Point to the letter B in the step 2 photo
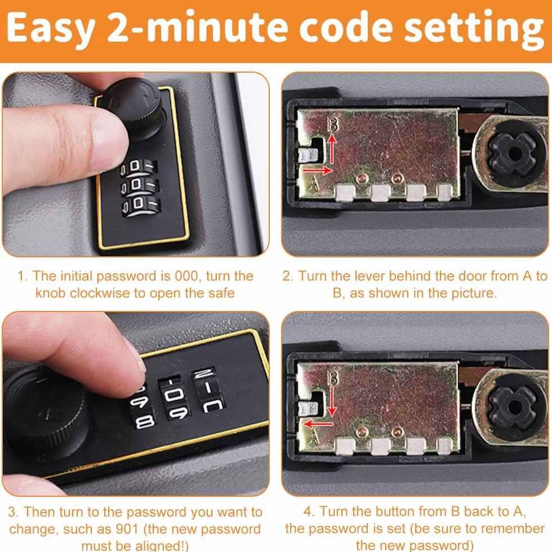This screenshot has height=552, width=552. [x=333, y=124]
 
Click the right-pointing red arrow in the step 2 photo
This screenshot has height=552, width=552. [x=317, y=170]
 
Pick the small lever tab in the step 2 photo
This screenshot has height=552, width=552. [x=309, y=155]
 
